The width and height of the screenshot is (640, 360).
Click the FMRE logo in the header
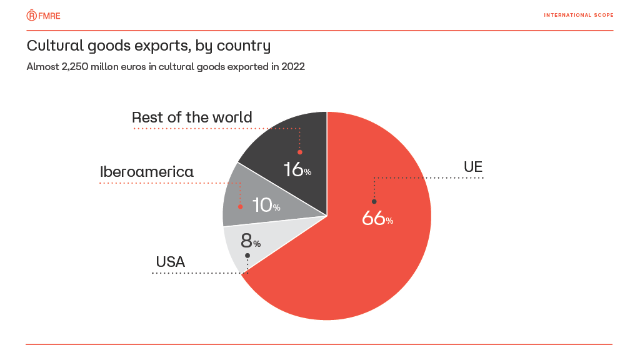point(43,15)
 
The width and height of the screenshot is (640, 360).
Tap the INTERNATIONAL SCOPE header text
point(578,15)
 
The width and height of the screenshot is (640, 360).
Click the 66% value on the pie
point(377,218)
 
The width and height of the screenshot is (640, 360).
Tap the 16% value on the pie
point(297,169)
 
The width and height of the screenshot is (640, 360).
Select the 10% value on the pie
point(266,205)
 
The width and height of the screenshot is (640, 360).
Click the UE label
point(473,167)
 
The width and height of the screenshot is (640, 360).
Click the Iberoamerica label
point(147,172)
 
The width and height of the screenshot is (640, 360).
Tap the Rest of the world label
point(192,117)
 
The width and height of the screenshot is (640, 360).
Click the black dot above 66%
point(374,201)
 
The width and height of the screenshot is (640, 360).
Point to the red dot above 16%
point(300,152)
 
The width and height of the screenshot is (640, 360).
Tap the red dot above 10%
point(240,206)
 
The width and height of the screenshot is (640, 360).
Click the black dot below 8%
point(247,255)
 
